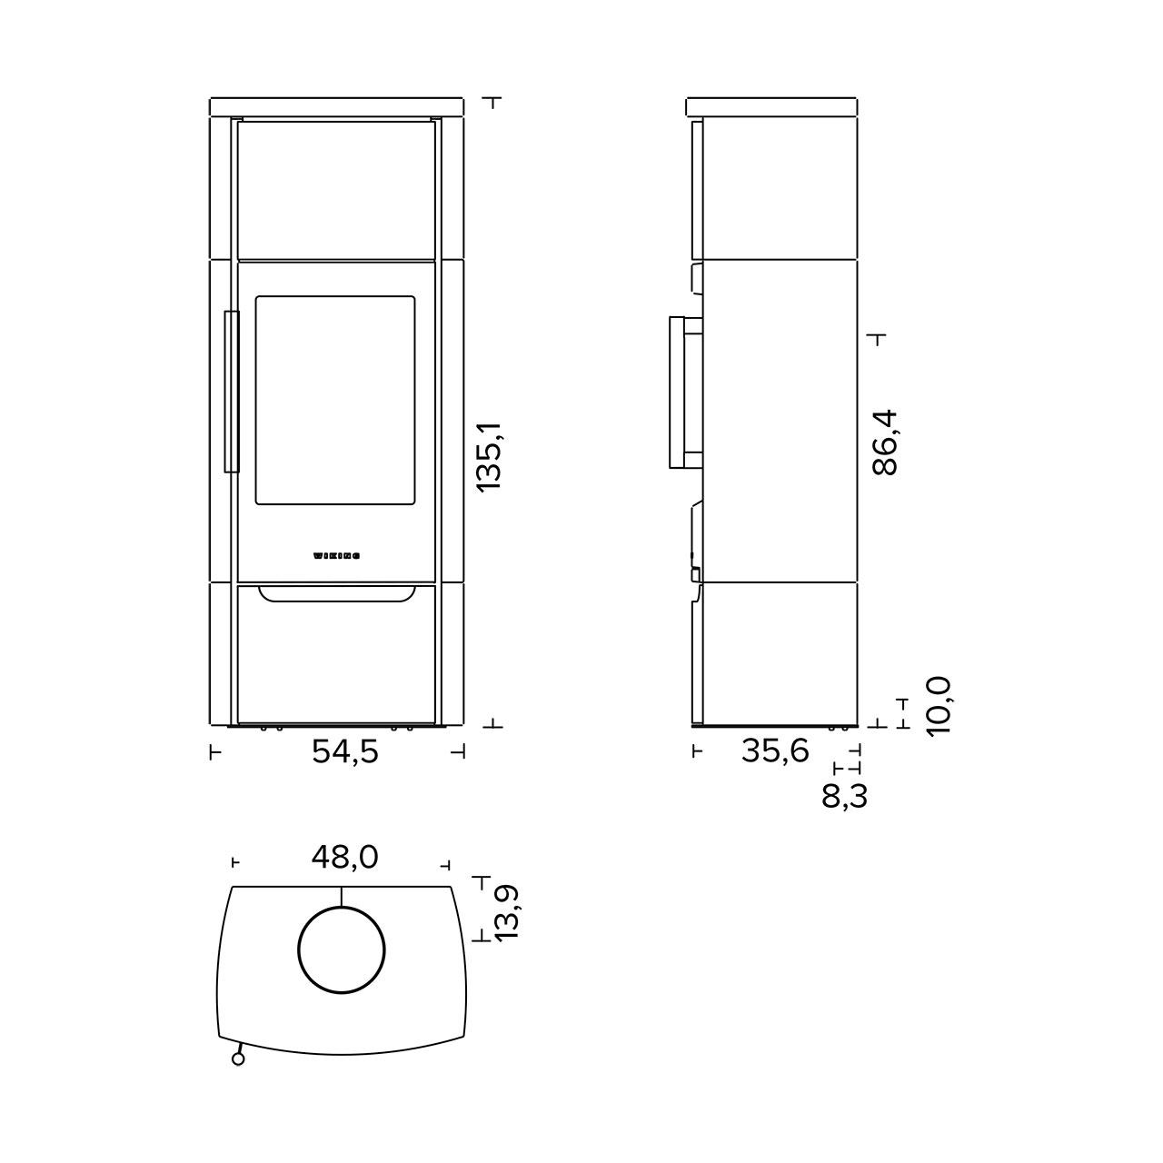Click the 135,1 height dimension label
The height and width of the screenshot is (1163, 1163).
[x=489, y=456]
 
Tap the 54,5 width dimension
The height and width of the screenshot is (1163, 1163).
[x=344, y=752]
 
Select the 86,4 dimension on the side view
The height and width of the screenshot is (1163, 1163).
[x=886, y=443]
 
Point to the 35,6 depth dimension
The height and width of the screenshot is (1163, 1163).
[x=775, y=751]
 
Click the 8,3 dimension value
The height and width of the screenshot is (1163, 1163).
[x=844, y=797]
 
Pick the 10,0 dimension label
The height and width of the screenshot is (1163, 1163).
[x=939, y=706]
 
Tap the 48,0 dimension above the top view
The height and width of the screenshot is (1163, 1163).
[x=344, y=858]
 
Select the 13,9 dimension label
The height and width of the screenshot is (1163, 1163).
[x=507, y=912]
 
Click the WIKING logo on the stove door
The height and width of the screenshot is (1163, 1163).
[x=337, y=556]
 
